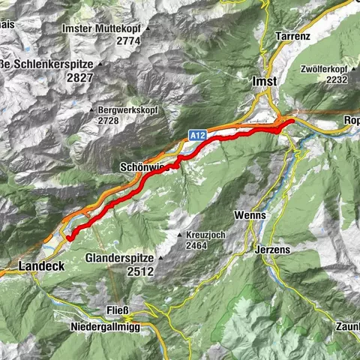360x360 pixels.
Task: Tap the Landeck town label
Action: pyautogui.click(x=40, y=266)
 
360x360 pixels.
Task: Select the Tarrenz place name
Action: pyautogui.click(x=294, y=36)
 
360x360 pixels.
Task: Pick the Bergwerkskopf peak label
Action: pyautogui.click(x=127, y=109)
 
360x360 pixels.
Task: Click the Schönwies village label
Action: pyautogui.click(x=139, y=167)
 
